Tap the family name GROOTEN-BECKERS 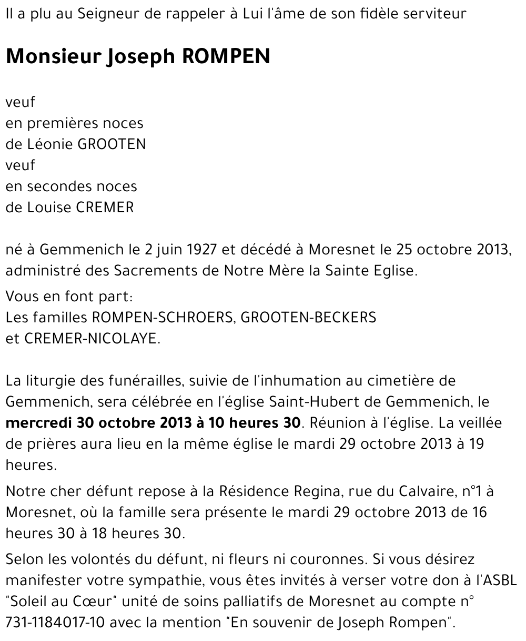(x=309, y=318)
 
